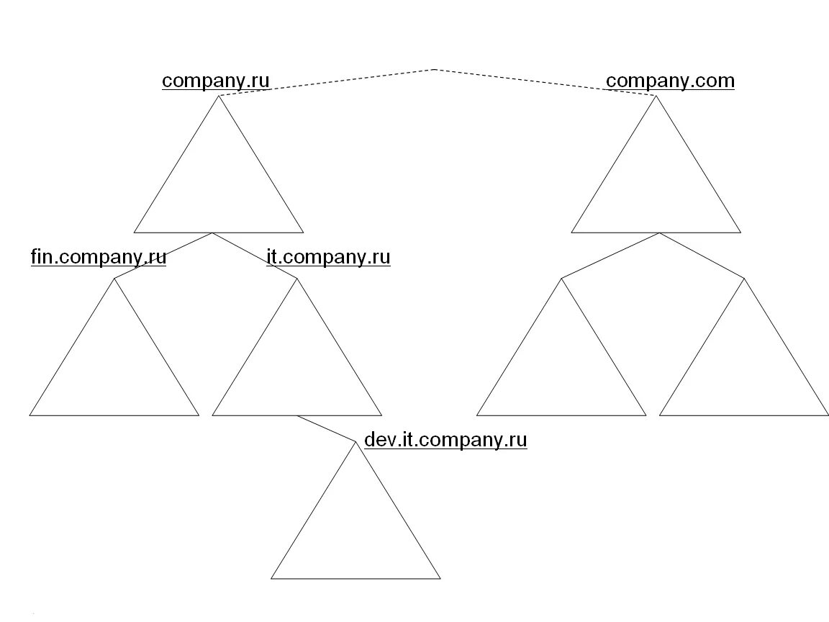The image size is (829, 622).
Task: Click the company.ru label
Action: coord(216,80)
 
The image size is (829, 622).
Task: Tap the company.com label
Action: coord(670,80)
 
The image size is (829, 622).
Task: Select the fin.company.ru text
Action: coord(99,257)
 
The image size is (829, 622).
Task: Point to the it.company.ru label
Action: coord(328,257)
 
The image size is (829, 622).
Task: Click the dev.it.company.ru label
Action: coord(445,440)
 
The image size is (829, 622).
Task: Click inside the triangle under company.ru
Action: coord(219,187)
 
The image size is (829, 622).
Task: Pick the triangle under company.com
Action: coord(656,187)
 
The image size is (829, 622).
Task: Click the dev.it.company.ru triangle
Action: coord(355,533)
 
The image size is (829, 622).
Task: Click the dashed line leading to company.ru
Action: coord(327,82)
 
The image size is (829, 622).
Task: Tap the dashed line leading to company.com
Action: coord(545,82)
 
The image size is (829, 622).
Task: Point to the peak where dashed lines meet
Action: coord(435,69)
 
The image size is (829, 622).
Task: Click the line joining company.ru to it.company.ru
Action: coord(255,256)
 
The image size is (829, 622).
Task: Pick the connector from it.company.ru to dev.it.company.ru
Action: coord(327,428)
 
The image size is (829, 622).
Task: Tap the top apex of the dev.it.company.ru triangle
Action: coord(355,442)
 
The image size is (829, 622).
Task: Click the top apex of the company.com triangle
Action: coord(656,96)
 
